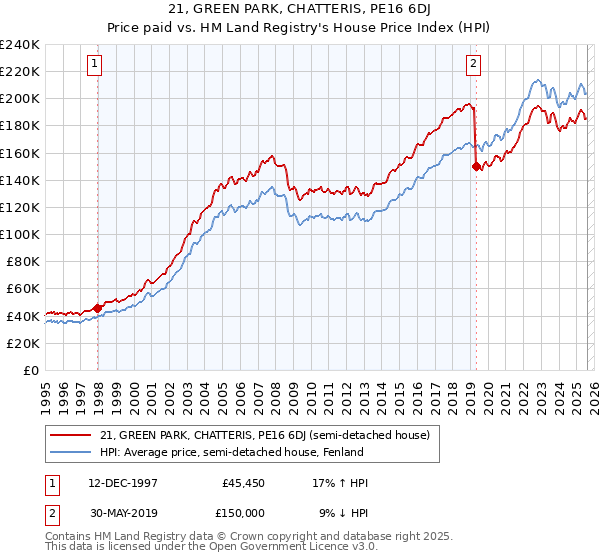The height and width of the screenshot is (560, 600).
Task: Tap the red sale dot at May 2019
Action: pyautogui.click(x=476, y=167)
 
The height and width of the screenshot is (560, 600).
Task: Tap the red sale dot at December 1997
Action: pyautogui.click(x=97, y=308)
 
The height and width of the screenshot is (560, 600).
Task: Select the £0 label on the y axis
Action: pyautogui.click(x=30, y=370)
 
